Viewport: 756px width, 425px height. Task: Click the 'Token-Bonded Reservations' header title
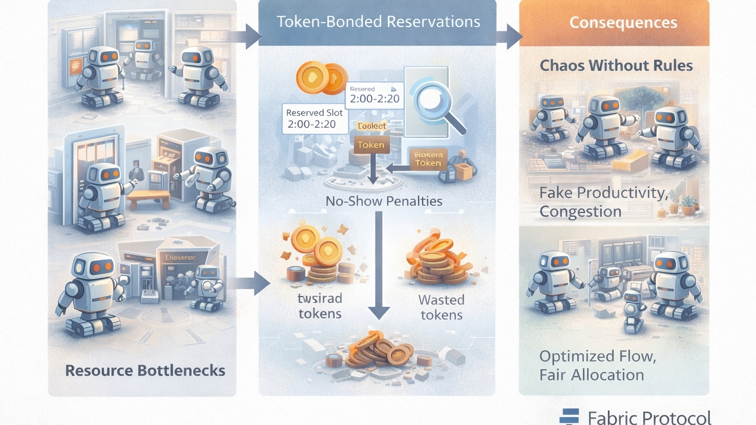tap(378, 22)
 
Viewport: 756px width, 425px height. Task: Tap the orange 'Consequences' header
tap(623, 23)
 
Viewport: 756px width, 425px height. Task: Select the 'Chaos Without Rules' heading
tap(616, 65)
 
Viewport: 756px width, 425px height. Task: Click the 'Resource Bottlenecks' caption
tap(145, 370)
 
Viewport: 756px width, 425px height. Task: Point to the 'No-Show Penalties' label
tap(384, 201)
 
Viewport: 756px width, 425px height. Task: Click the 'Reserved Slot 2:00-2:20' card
tap(314, 119)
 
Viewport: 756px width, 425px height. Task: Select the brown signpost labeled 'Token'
tap(371, 145)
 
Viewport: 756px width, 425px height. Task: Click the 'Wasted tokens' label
tap(441, 307)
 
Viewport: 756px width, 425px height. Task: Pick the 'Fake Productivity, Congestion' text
tap(603, 202)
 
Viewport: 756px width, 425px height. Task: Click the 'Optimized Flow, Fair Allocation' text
tap(598, 365)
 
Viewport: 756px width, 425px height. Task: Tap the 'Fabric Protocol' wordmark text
tap(649, 418)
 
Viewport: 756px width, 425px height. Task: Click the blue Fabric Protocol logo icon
tap(569, 417)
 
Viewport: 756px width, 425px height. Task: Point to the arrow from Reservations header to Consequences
tap(509, 36)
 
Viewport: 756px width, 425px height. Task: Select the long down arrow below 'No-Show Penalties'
tap(379, 266)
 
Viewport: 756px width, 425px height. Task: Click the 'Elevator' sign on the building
tap(180, 257)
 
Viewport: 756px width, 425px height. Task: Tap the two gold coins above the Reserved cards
tap(321, 78)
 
